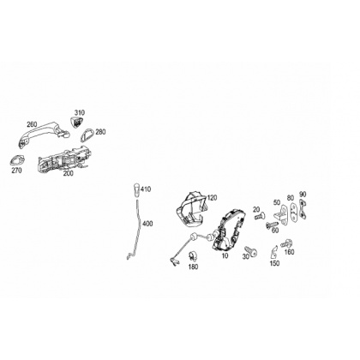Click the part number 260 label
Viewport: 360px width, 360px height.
(32, 124)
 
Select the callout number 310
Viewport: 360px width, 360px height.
(80, 112)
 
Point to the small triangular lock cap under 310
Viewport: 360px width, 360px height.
(77, 123)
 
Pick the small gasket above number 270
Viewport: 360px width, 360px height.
(17, 160)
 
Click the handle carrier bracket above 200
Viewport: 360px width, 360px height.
(64, 159)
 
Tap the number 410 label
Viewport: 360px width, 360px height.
(146, 189)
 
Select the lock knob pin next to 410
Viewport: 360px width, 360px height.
(136, 190)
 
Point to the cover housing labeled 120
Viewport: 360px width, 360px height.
(191, 209)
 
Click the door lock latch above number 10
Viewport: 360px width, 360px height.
(229, 230)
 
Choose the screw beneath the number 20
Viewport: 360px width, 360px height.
(260, 216)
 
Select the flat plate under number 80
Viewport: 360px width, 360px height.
(293, 212)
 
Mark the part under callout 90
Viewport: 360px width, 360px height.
(303, 209)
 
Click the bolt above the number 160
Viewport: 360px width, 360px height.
(286, 244)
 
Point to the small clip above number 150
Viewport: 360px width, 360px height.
(274, 251)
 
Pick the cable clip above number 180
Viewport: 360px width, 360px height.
(193, 255)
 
